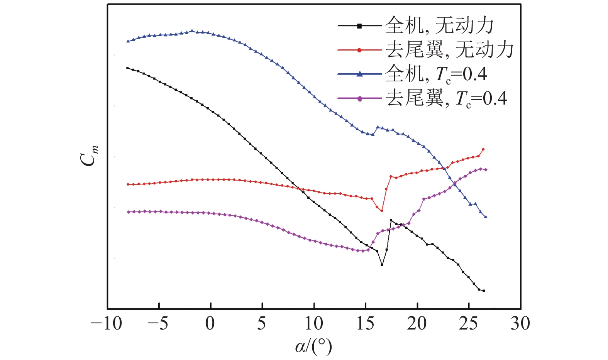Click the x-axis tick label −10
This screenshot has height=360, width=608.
(106, 323)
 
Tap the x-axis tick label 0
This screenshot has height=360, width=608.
(210, 323)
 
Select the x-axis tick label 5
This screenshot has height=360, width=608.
(262, 323)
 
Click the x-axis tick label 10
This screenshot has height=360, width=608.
(313, 323)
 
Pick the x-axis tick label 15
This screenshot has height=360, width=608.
(365, 323)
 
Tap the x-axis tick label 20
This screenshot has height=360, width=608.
(417, 323)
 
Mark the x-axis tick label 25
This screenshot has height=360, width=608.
(469, 323)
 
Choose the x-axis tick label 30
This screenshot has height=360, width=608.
(520, 323)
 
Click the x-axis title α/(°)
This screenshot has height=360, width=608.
(313, 346)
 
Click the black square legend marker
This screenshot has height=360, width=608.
(359, 26)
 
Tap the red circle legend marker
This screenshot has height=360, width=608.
(359, 50)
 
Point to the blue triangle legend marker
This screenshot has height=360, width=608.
(359, 74)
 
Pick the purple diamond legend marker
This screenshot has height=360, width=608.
(359, 98)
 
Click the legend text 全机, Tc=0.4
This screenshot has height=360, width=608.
(436, 74)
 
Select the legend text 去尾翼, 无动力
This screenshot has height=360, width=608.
(450, 50)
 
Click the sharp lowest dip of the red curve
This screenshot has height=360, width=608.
(382, 211)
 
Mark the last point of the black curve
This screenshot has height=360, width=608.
(483, 291)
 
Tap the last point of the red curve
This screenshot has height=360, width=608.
(483, 149)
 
